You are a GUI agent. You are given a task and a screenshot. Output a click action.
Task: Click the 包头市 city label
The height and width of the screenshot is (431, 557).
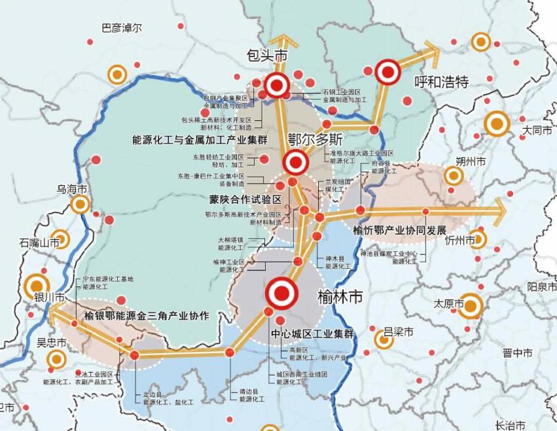pyautogui.click(x=267, y=55)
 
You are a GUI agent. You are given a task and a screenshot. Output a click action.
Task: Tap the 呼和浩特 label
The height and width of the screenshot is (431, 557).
pyautogui.click(x=442, y=82)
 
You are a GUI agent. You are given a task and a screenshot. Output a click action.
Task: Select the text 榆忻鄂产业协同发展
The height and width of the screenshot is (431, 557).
pyautogui.click(x=399, y=231)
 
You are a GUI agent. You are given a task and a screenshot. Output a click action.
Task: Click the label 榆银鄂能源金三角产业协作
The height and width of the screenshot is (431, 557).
pyautogui.click(x=147, y=316)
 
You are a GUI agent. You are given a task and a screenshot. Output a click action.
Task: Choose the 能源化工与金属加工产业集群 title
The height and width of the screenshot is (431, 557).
pyautogui.click(x=191, y=139)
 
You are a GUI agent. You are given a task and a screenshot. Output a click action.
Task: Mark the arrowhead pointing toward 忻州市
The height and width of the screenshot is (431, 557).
pyautogui.click(x=499, y=209)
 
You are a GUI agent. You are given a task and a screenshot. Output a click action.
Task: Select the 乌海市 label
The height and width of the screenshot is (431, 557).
pyautogui.click(x=72, y=190)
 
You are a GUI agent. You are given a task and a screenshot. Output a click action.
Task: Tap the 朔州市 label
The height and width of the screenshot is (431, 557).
pyautogui.click(x=471, y=162)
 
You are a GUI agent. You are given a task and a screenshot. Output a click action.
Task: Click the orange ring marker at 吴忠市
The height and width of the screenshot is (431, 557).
pyautogui.click(x=57, y=359)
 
